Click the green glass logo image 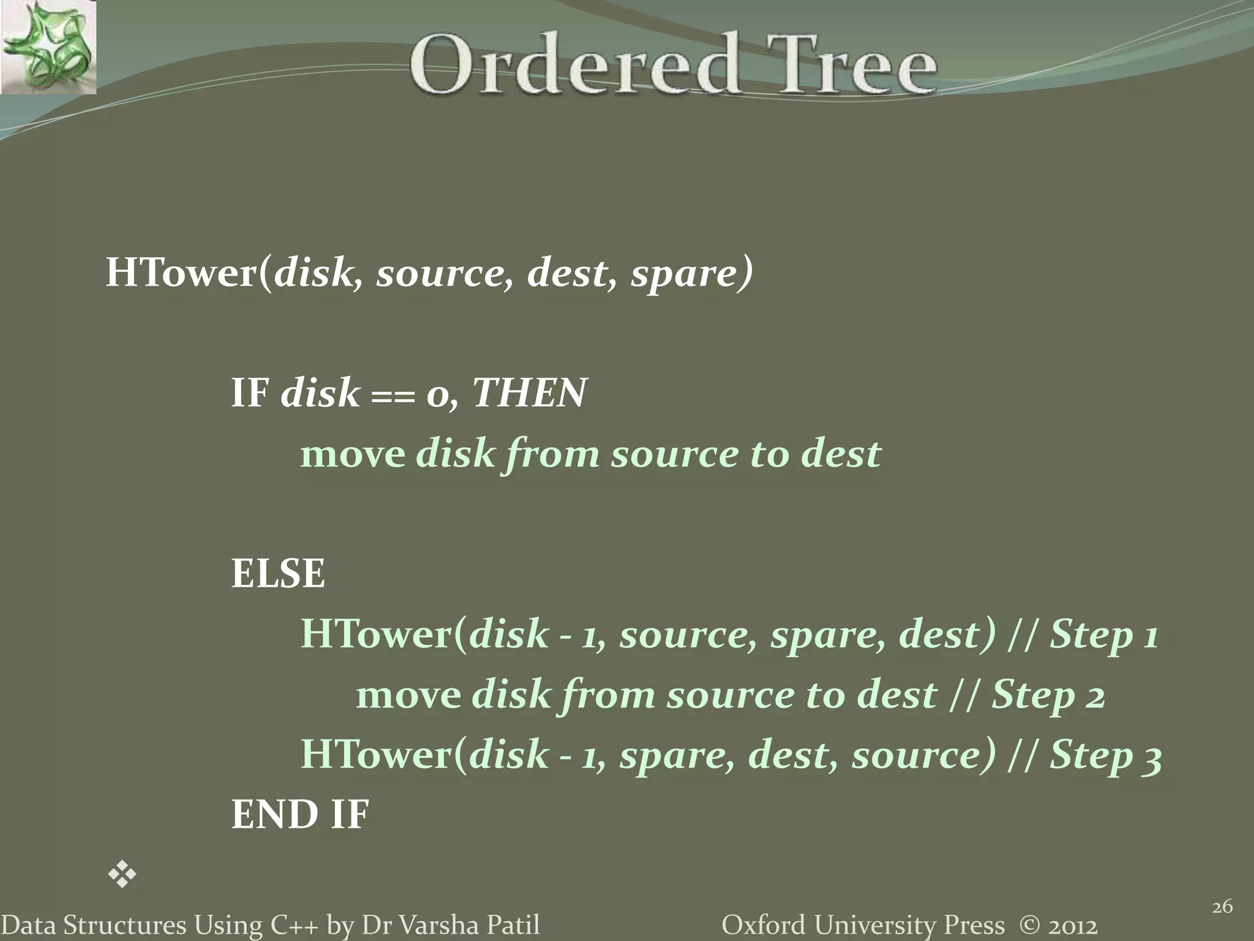(x=48, y=47)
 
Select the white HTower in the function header (x=181, y=273)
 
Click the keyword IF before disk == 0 (x=250, y=393)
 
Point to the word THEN (x=530, y=393)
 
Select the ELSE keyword (x=278, y=574)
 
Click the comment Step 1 (x=1104, y=634)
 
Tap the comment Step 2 (x=1048, y=695)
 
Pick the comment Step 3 (x=1106, y=755)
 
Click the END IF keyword (x=300, y=815)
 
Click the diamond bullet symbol (x=122, y=874)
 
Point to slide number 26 (x=1222, y=907)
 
